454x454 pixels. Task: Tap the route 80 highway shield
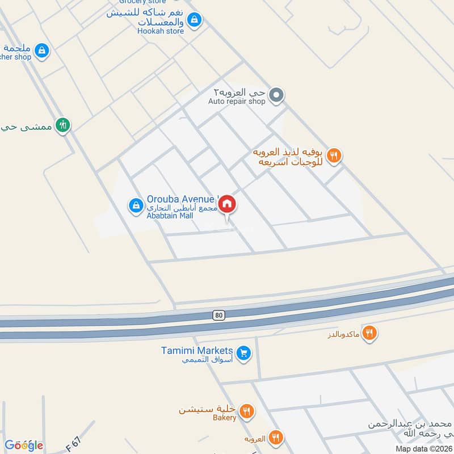pyautogui.click(x=218, y=315)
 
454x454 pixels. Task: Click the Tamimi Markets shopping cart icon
pyautogui.click(x=244, y=353)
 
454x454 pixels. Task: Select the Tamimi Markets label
pyautogui.click(x=205, y=351)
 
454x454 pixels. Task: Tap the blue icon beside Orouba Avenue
pyautogui.click(x=136, y=205)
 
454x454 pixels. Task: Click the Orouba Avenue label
pyautogui.click(x=180, y=199)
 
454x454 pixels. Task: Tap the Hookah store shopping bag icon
pyautogui.click(x=195, y=20)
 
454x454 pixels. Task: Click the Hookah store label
pyautogui.click(x=161, y=31)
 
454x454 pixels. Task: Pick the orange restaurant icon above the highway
pyautogui.click(x=334, y=154)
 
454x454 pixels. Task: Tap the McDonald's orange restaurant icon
pyautogui.click(x=369, y=333)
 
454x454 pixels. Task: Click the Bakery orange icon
pyautogui.click(x=246, y=411)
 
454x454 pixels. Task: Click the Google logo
pyautogui.click(x=24, y=445)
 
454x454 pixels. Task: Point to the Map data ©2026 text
pyautogui.click(x=423, y=448)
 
